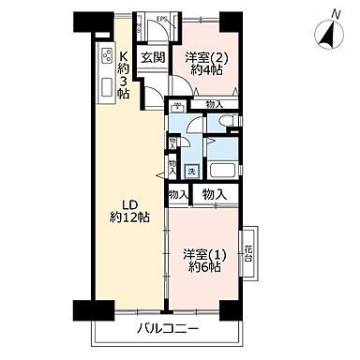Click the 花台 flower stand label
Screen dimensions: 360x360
pos(248,253)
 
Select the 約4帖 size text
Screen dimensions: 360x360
pos(202,70)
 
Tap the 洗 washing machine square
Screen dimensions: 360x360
pos(190,171)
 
